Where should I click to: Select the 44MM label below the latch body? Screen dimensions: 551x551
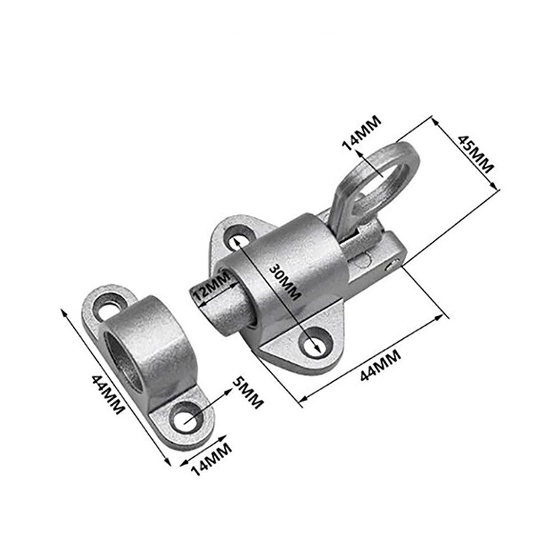click(x=381, y=365)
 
